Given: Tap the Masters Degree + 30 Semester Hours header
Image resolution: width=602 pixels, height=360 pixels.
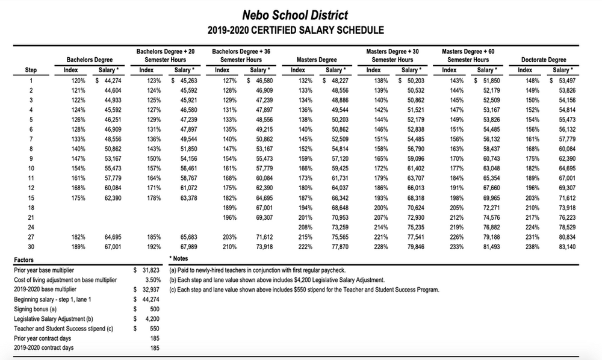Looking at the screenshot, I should [x=393, y=56].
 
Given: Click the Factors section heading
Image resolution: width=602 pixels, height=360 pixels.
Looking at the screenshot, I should [x=23, y=260].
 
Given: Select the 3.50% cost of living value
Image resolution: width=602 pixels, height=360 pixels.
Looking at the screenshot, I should [x=154, y=280].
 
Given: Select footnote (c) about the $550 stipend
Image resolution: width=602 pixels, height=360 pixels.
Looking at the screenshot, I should [x=305, y=290].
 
